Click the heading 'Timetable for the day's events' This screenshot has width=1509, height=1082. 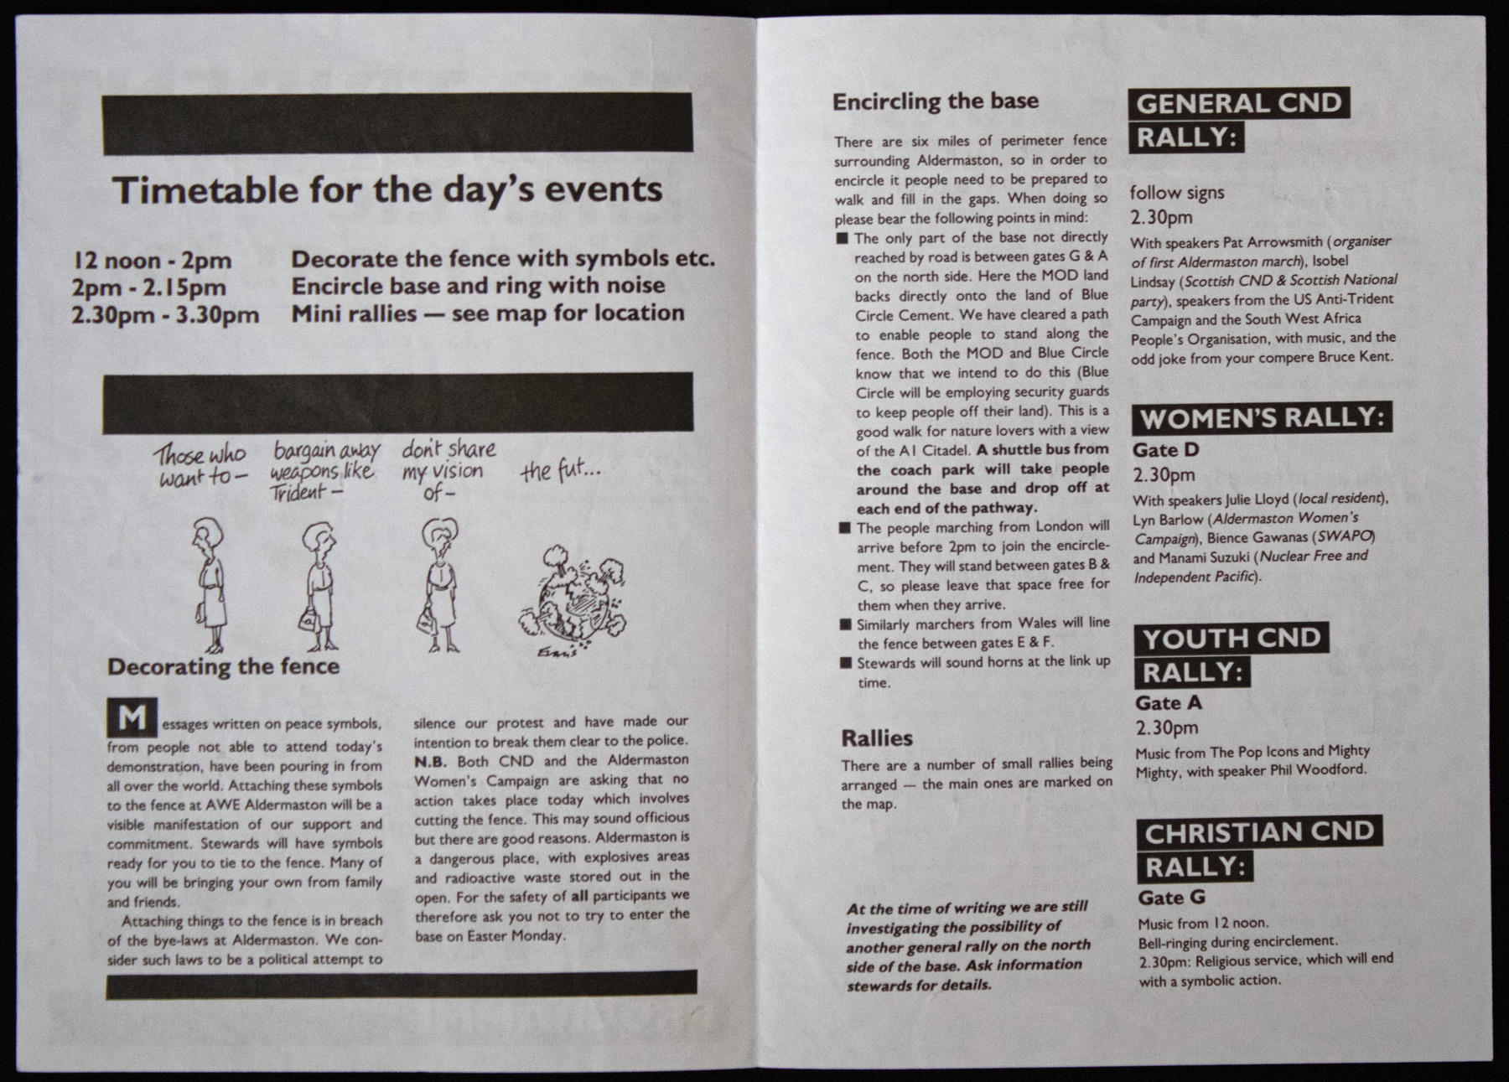387,190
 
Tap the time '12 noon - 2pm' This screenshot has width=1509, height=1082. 152,261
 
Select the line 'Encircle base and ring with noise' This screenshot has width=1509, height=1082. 478,286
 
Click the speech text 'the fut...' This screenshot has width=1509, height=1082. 560,473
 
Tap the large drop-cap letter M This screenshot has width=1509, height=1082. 132,718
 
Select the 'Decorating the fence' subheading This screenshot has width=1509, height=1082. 224,667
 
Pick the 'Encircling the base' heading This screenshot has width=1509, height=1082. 936,101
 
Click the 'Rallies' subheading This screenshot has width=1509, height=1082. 877,738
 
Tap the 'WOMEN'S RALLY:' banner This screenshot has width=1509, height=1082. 1263,417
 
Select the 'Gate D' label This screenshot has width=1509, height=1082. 1166,450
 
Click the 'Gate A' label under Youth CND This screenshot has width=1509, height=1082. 1169,703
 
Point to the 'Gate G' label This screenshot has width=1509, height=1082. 1171,898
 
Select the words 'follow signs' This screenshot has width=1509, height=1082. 1177,193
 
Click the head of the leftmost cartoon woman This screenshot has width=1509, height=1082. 205,532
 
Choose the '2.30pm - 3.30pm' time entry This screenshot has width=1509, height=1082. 165,314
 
